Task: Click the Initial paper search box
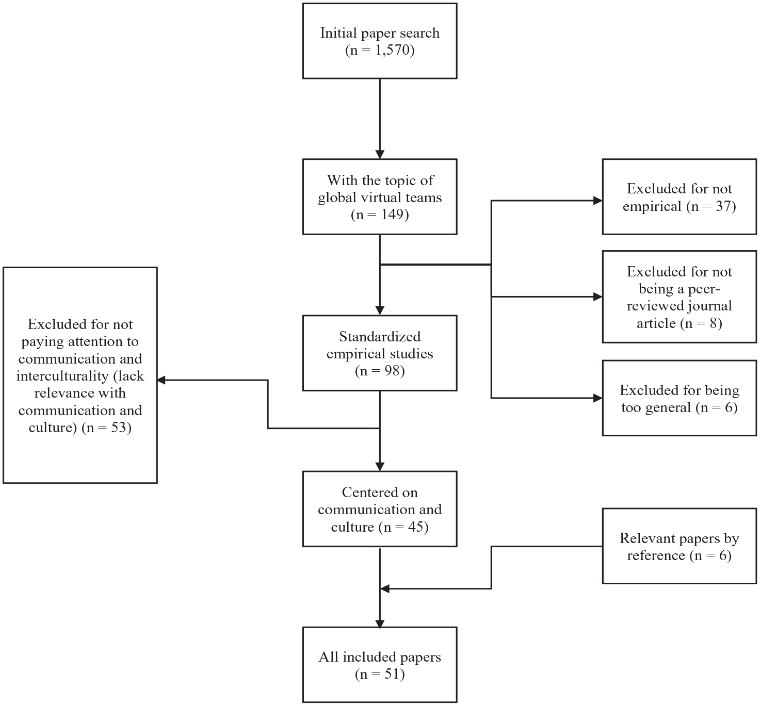(380, 41)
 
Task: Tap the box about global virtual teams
(380, 196)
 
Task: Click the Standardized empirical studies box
(380, 353)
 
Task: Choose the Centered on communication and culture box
(380, 509)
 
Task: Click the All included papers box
(380, 665)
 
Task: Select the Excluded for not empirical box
(680, 196)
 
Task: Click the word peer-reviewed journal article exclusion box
(680, 297)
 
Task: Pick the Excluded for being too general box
(680, 398)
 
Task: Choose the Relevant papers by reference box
(680, 546)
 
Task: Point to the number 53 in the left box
(118, 428)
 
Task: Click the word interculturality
(62, 376)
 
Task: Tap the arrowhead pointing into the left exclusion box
(161, 380)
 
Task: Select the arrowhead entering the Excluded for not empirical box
(597, 200)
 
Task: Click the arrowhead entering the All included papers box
(380, 622)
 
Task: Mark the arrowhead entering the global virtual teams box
(380, 154)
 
